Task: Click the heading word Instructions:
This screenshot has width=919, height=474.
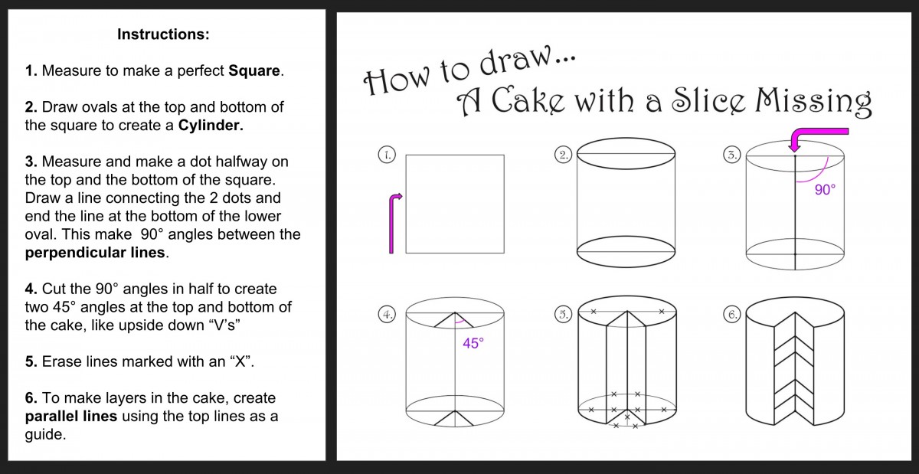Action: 163,34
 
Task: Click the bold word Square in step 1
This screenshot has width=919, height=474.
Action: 255,71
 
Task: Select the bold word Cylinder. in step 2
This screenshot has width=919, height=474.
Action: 211,126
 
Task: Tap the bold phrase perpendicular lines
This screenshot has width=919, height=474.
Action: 96,253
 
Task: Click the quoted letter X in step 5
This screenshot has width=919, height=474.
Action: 239,361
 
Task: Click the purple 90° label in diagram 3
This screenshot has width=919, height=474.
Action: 824,191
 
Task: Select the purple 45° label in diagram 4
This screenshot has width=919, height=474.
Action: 473,344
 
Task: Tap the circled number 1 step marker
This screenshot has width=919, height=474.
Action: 387,155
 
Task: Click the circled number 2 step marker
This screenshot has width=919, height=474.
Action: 563,155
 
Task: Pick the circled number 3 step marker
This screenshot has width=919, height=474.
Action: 731,155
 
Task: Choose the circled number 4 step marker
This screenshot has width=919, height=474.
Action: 387,315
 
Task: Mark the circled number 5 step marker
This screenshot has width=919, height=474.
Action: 563,315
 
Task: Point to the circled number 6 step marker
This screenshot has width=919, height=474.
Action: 731,315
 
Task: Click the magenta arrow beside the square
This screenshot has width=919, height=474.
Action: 394,222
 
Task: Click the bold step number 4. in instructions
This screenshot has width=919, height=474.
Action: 31,289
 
